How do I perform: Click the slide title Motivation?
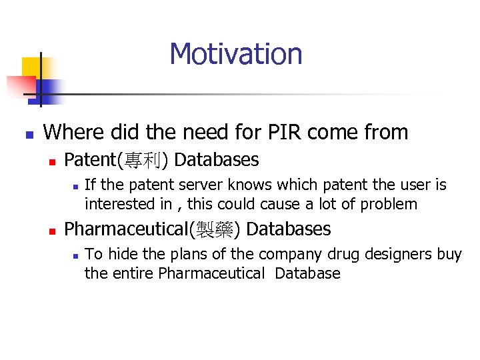[235, 54]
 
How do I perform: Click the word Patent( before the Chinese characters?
[91, 160]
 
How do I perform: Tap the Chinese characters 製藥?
[215, 230]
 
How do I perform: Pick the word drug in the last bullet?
[339, 253]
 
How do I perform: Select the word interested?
[116, 204]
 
